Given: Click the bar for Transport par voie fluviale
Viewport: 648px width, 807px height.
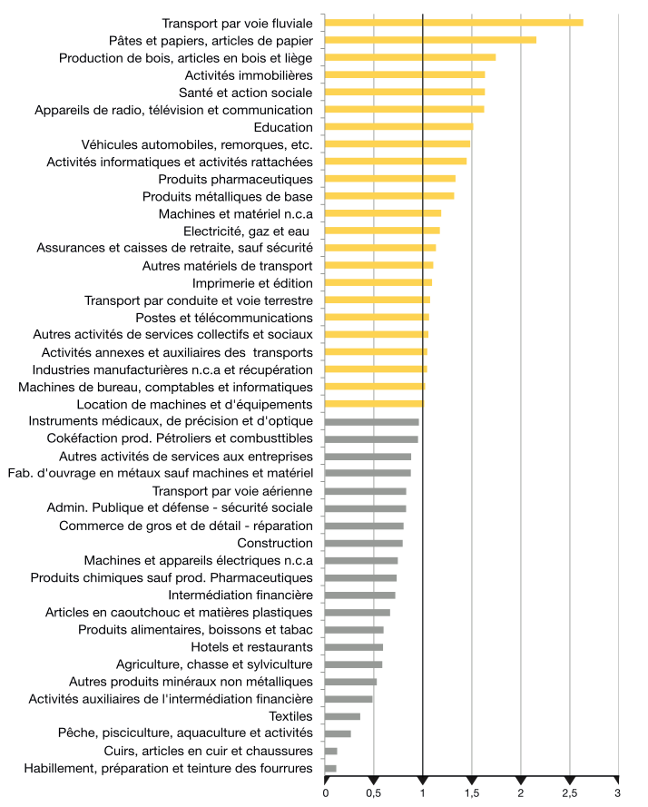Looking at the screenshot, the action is point(454,23).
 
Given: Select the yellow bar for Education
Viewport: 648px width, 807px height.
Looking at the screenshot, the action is point(399,126).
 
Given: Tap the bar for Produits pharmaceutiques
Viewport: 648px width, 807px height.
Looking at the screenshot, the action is point(390,179).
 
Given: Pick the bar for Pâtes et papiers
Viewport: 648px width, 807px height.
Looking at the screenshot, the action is point(431,40).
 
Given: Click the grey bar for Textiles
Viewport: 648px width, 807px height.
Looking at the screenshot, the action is point(342,716).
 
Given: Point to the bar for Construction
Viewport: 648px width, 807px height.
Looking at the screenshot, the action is point(364,543).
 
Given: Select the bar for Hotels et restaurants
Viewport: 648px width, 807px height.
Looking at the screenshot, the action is point(354,647).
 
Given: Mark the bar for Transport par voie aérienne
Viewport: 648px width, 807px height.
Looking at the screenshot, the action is point(366,491).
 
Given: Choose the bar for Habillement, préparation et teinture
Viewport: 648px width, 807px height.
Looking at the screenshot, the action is point(330,768).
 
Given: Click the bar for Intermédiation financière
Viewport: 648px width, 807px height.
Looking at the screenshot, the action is point(360,595).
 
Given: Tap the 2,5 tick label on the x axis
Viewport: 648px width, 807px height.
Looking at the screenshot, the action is point(570,793).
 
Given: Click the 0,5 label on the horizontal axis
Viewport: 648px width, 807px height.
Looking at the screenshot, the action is point(374,793).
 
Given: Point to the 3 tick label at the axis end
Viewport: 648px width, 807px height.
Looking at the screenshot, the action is point(618,793).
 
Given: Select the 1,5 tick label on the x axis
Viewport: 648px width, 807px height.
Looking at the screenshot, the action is point(472,793).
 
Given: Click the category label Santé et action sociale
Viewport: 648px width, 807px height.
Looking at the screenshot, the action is point(246,93).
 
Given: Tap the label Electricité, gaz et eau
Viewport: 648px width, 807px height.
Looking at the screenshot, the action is point(247,231).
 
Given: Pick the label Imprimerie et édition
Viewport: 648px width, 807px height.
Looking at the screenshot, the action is point(252,283).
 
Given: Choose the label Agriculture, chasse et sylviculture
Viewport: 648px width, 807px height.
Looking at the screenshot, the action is point(214,664).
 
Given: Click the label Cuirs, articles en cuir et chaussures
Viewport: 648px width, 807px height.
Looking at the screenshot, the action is point(209,751).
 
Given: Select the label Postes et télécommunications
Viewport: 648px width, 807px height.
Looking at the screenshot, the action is point(224,318).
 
